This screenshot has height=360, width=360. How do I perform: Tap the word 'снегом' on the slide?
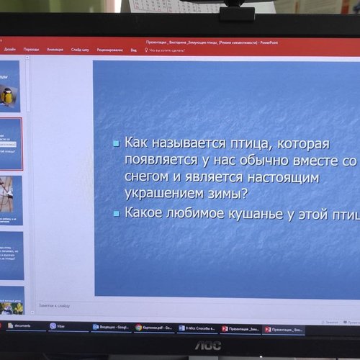[148, 177]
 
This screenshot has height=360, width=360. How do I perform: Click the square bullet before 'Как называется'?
[115, 144]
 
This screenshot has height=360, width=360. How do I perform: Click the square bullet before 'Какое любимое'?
[115, 214]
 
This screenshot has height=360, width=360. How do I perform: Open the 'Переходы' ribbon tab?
[31, 50]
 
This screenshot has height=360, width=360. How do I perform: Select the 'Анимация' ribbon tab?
[55, 50]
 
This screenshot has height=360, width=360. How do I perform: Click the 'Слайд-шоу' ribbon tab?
[80, 50]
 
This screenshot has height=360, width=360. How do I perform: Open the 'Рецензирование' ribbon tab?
[109, 50]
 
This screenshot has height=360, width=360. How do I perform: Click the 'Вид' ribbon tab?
[133, 50]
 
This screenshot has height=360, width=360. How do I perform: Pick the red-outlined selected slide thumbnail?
[10, 143]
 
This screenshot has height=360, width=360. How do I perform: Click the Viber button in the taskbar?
[57, 326]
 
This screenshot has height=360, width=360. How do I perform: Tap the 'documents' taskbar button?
[25, 326]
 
